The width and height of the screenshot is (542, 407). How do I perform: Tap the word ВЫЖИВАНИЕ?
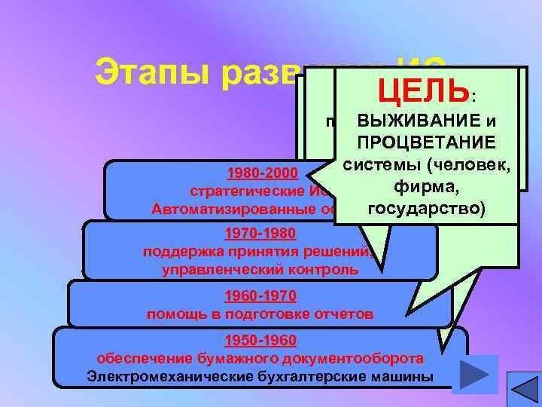(410, 121)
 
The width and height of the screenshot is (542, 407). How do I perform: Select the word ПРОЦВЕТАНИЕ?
(426, 142)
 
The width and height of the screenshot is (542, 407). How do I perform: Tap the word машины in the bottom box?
(404, 375)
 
